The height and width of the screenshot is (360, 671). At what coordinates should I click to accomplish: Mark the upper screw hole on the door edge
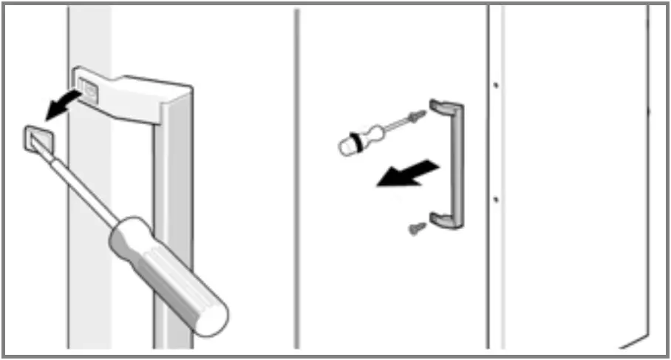coord(495,85)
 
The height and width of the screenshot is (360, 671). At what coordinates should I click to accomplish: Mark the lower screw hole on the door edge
coord(495,198)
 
